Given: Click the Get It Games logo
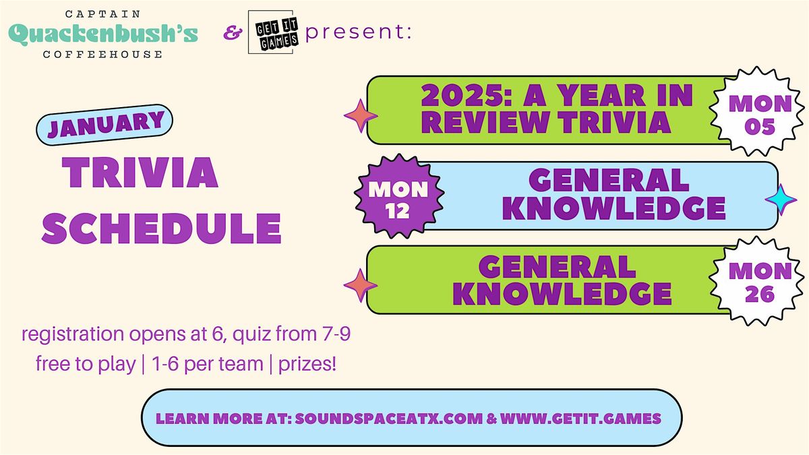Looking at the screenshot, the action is coord(270,32).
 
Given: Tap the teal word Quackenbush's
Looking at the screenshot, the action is coord(103,34).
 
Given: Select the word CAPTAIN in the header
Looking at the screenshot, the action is coord(103,14).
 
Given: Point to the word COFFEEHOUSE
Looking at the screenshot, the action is coord(103,55).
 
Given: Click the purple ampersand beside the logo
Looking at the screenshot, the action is coord(233,33).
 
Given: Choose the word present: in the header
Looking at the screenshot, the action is coord(358,32).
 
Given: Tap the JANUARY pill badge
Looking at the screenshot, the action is coord(104,125).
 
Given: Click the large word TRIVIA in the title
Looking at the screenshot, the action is coord(140,173).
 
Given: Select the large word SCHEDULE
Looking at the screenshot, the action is coord(161,229).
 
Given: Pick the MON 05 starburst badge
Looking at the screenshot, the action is coord(757,111).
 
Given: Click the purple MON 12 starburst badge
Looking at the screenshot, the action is coord(399,196).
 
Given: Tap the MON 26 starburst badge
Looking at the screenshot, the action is coord(757,281).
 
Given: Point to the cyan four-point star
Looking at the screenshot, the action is coord(781,200).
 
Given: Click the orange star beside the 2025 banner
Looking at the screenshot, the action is coord(361,116).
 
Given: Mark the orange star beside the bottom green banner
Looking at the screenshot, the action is coord(361,285).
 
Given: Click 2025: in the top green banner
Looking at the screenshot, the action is coord(467,95).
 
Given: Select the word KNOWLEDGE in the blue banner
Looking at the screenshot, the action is coord(613,208).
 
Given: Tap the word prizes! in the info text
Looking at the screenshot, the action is coord(307,363).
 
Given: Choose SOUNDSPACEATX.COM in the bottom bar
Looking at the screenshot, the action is coord(388,419).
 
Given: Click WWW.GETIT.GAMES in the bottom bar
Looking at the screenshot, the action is coord(580,419).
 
